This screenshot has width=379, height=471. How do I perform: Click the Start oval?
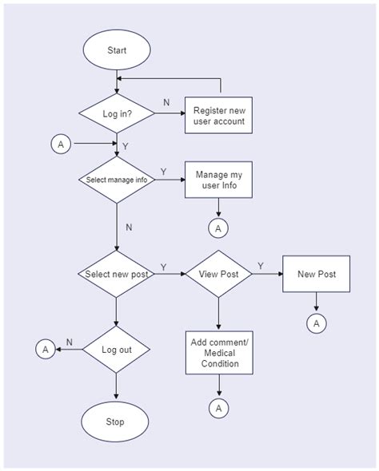117,50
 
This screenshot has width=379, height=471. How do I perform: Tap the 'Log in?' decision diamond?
117,113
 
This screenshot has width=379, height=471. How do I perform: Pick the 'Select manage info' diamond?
117,180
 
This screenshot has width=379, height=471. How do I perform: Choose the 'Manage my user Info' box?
218,181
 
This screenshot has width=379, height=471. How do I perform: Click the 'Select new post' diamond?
117,275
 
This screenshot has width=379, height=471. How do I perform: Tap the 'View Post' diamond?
218,275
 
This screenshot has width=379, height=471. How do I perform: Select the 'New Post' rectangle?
317,275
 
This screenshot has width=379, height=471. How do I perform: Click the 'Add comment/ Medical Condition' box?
218,352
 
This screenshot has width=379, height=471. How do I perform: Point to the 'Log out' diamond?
117,350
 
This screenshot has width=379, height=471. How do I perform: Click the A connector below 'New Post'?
317,323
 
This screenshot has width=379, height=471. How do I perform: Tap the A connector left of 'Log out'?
46,350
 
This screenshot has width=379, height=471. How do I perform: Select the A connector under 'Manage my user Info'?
218,228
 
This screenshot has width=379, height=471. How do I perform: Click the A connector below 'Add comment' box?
218,408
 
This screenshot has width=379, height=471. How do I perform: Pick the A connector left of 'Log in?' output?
61,144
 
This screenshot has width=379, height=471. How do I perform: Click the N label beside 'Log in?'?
166,103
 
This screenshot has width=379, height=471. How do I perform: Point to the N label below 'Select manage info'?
128,227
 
